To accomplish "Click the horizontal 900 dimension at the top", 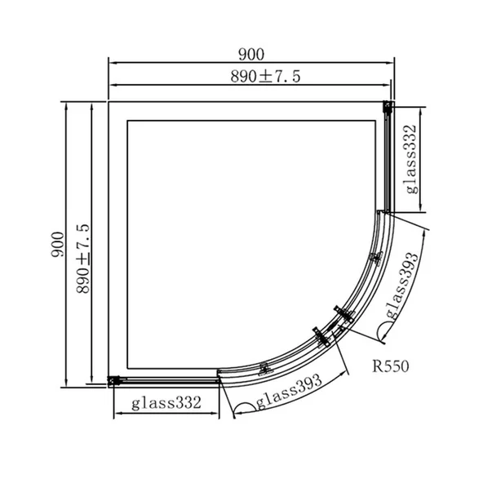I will point(251,55).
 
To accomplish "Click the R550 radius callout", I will point(392,366).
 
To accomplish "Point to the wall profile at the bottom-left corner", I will point(116,379).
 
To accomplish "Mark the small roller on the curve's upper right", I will point(375,258).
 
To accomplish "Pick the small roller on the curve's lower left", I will point(264,368).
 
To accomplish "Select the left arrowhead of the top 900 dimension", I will point(113,63).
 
